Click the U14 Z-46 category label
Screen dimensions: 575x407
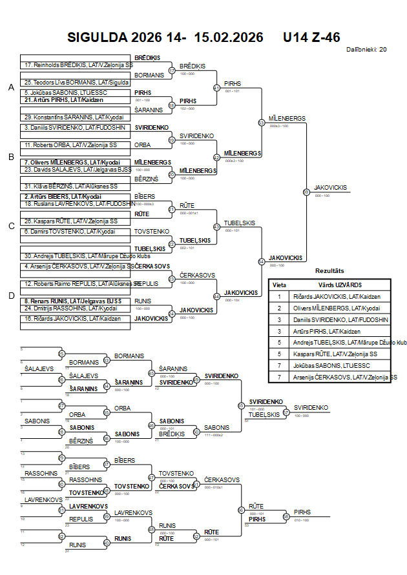(311, 37)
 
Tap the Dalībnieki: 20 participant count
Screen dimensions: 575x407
(366, 49)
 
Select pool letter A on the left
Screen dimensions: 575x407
(11, 87)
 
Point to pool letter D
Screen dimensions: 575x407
(11, 296)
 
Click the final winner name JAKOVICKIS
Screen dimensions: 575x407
(331, 188)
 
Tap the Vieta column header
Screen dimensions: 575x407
(279, 285)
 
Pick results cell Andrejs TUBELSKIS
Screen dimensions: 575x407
(341, 343)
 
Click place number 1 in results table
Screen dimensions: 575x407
(279, 297)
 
